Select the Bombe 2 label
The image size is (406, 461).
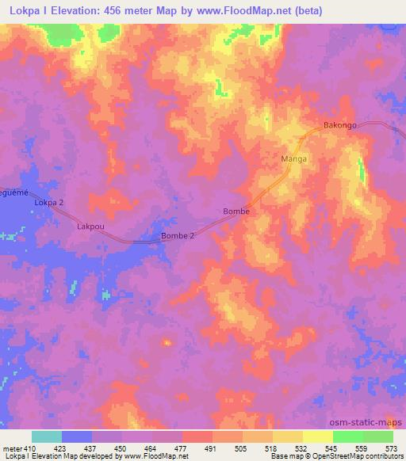(x=177, y=236)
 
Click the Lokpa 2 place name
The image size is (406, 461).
(x=48, y=203)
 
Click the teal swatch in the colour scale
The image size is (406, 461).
(x=46, y=436)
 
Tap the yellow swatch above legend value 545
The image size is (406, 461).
(x=317, y=436)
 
